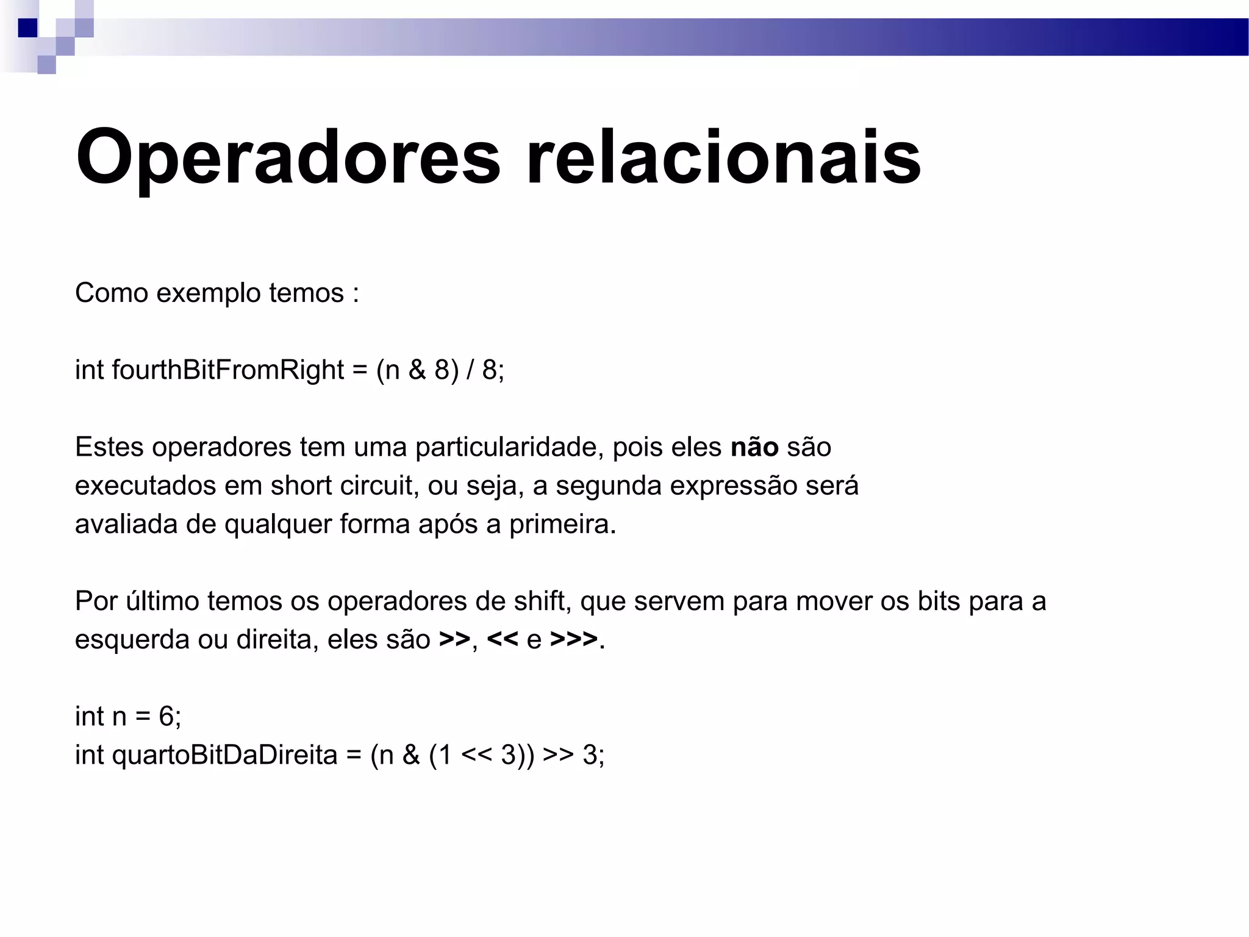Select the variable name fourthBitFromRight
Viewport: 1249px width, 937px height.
coord(228,370)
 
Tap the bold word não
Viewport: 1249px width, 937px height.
coord(754,447)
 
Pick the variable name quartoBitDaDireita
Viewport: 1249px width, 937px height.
coord(224,755)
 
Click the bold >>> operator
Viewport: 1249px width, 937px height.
coord(573,639)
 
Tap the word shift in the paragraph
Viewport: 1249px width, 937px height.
coord(542,601)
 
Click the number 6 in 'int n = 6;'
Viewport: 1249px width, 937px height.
coord(166,716)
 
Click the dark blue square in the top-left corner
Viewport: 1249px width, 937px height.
coord(27,27)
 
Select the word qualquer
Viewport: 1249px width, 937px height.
coord(277,525)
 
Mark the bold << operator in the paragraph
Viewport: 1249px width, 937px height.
coord(503,639)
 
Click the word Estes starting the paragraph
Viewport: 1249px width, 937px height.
coord(110,447)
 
